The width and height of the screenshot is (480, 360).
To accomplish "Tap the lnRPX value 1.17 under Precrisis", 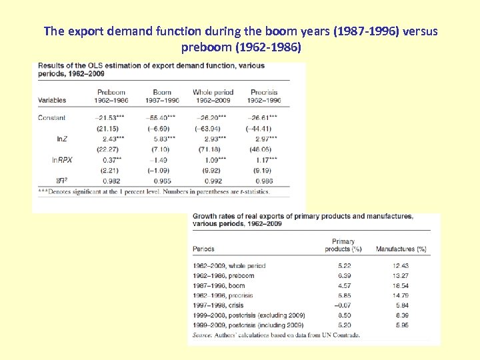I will coord(265,160).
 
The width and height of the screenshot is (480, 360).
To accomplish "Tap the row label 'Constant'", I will coord(52,117).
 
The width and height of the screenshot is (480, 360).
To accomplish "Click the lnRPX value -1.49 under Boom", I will coord(162,160).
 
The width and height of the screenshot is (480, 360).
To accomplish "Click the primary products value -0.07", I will coord(342,305).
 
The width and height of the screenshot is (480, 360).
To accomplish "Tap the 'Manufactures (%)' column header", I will coord(401,249).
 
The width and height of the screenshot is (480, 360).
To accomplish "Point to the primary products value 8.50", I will coord(343,315).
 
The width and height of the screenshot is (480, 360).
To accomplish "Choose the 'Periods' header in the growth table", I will coord(203,249).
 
